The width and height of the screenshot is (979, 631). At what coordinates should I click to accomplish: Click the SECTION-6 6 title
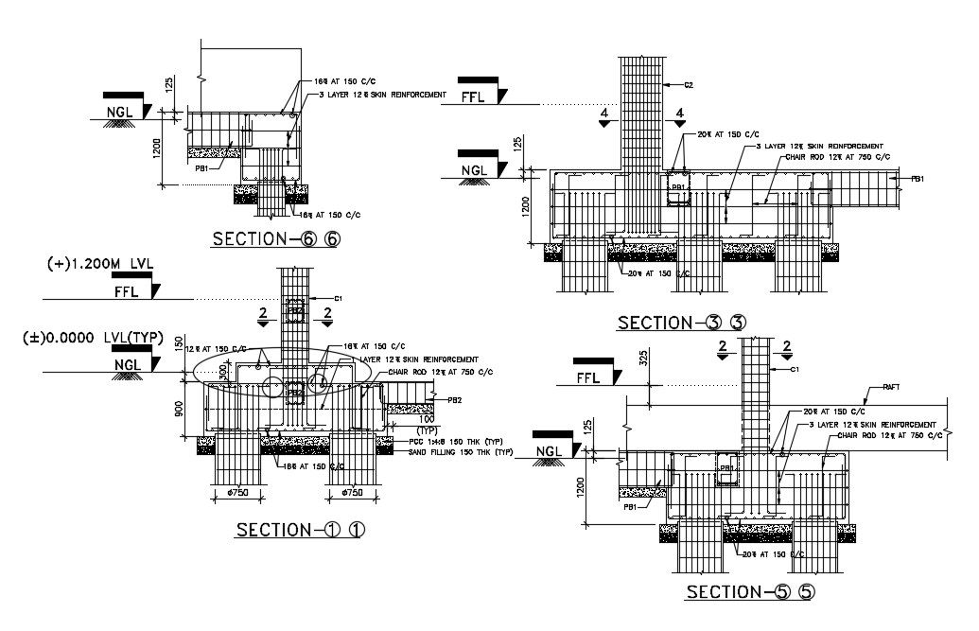[276, 239]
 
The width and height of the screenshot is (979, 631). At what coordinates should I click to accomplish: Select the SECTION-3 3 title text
[682, 323]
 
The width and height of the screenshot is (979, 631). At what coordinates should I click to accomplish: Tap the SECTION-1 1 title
[300, 529]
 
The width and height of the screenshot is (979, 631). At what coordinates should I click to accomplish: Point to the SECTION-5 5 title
[750, 593]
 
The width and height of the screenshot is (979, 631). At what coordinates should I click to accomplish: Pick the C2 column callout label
[688, 85]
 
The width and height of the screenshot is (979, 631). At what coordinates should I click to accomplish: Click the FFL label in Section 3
[472, 97]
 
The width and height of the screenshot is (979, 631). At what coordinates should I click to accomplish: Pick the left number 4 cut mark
[602, 115]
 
